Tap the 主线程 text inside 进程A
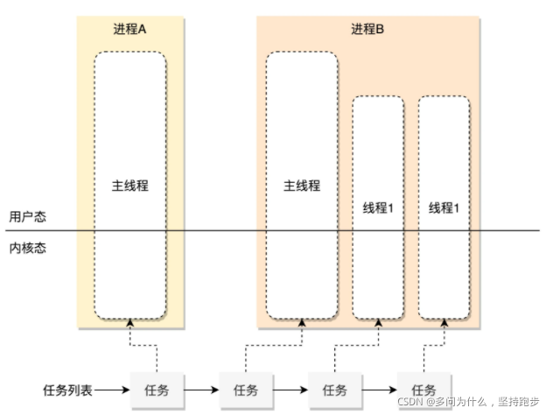click(x=129, y=186)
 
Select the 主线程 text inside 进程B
click(x=302, y=186)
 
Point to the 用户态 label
click(x=27, y=216)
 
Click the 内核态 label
click(x=27, y=247)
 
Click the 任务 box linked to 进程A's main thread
click(x=156, y=389)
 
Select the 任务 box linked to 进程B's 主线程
click(x=247, y=389)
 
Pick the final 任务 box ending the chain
click(x=424, y=389)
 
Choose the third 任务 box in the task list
click(x=335, y=389)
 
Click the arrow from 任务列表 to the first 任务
click(x=111, y=389)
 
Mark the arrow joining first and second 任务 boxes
click(x=201, y=389)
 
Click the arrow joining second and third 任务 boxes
click(x=290, y=389)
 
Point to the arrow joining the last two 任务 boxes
click(x=380, y=389)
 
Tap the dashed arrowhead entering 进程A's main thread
click(x=129, y=323)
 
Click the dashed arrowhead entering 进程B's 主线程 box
click(x=302, y=323)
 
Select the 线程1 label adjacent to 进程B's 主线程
click(x=378, y=208)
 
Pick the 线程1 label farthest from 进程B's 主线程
click(x=444, y=208)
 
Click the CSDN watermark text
click(x=468, y=402)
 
